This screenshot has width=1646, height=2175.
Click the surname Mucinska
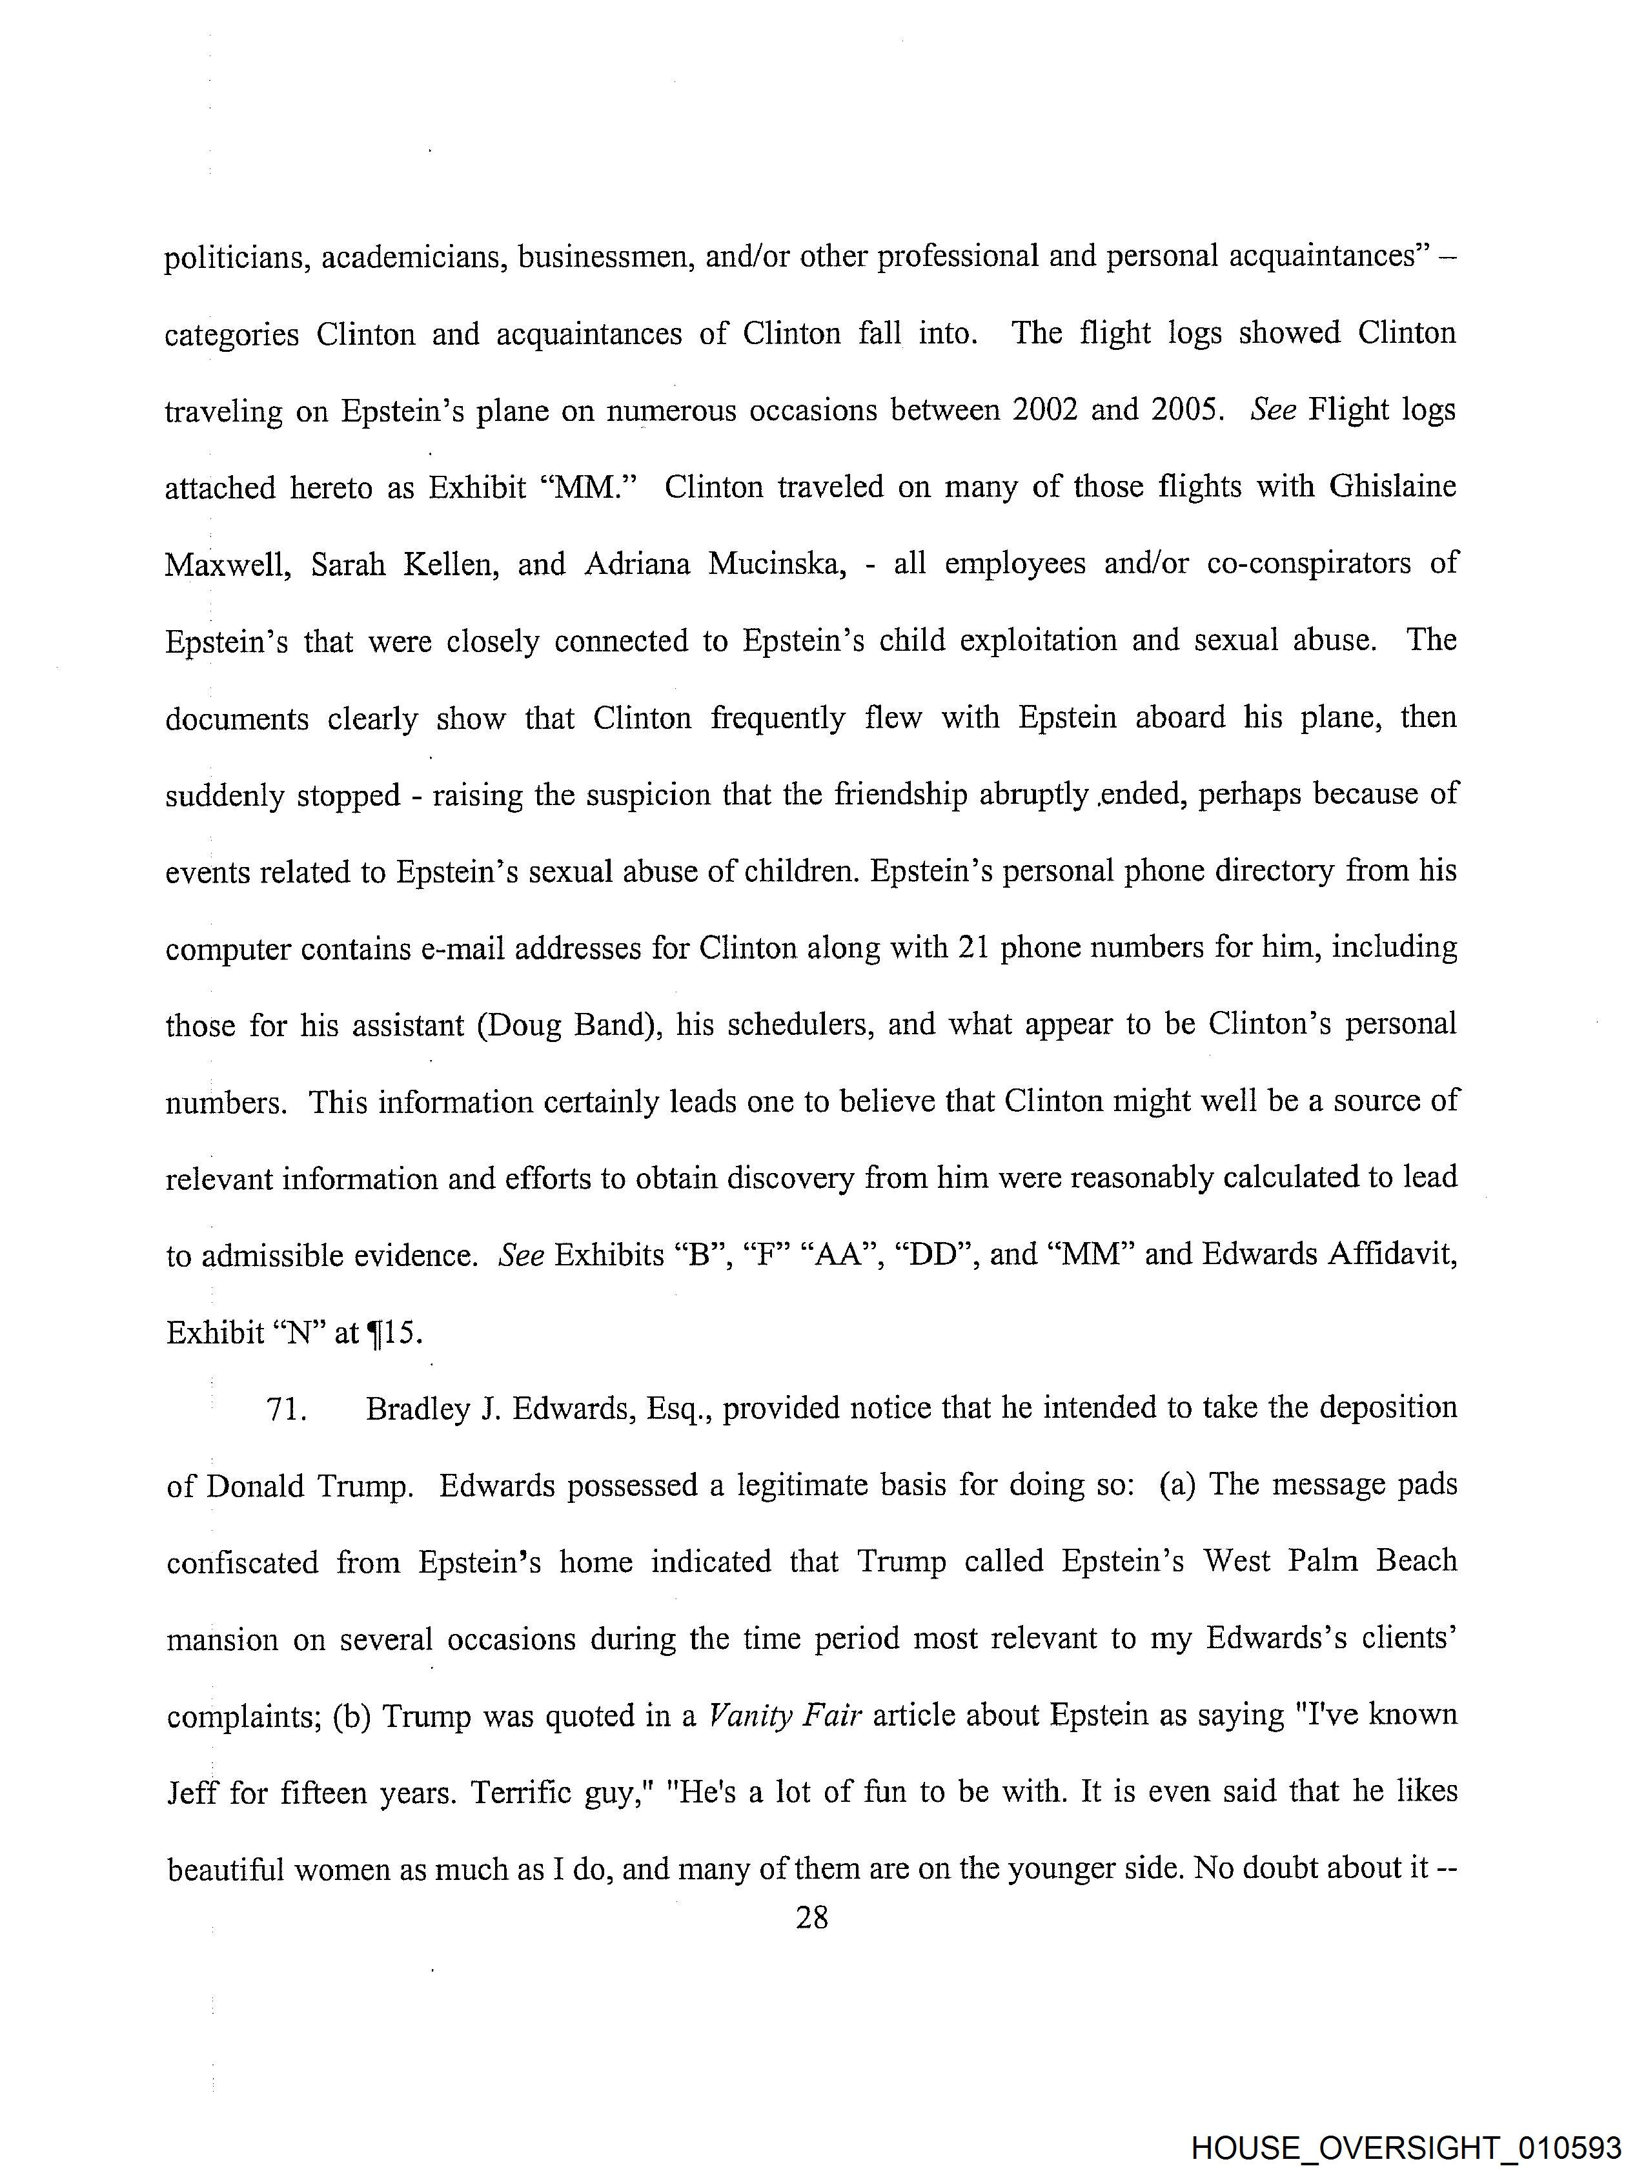coord(777,564)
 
